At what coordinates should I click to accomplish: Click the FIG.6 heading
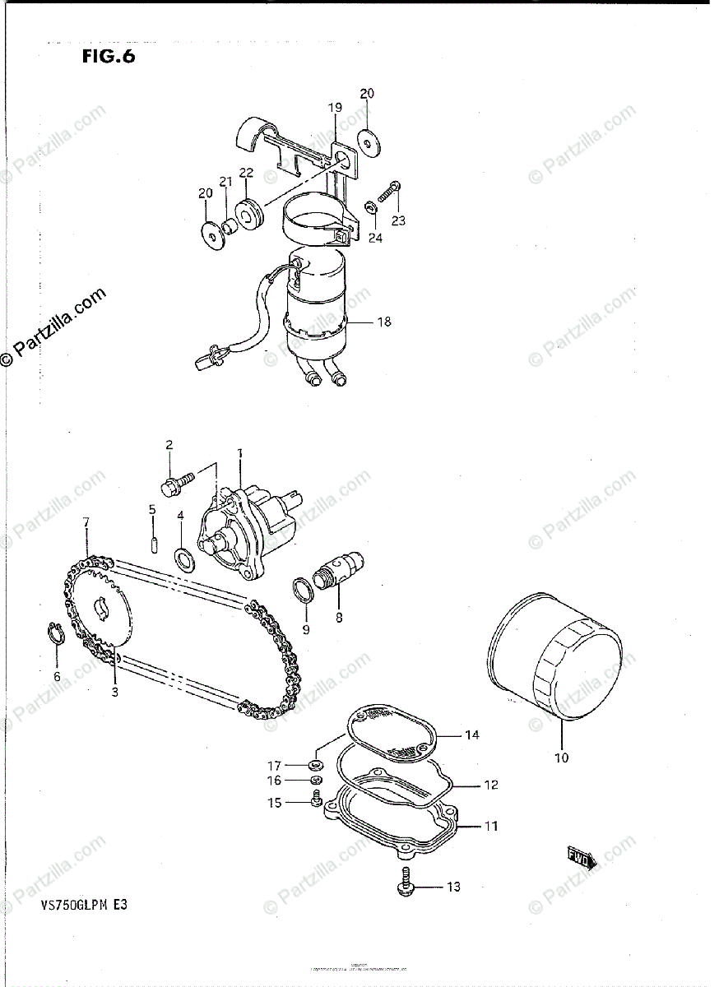click(107, 57)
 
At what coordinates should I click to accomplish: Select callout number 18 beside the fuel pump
click(383, 322)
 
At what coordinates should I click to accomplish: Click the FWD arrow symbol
click(581, 857)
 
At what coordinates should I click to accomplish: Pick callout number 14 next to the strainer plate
click(471, 734)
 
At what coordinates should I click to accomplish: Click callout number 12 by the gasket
click(490, 785)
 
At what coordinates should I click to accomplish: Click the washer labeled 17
click(317, 765)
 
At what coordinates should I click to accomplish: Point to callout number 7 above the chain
click(86, 522)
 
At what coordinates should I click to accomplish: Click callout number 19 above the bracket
click(335, 107)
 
